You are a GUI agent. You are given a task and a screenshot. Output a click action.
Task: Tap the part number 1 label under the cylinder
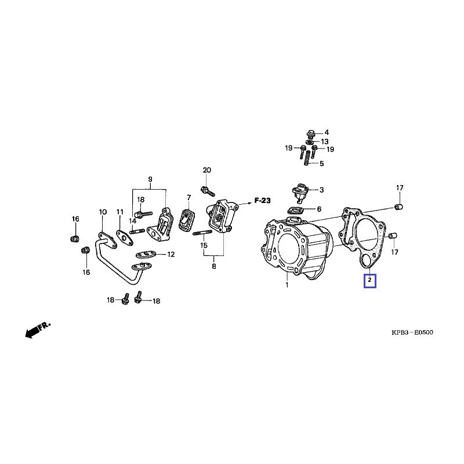click(287, 285)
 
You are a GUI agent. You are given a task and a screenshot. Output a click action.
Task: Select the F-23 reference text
click(263, 201)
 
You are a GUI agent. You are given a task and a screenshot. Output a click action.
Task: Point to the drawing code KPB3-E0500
click(412, 333)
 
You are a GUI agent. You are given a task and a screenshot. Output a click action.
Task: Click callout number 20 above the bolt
click(206, 170)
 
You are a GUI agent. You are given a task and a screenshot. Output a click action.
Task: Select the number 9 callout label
click(150, 178)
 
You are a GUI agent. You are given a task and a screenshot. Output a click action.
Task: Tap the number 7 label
click(188, 198)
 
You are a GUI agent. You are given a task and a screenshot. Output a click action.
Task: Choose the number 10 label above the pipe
click(102, 212)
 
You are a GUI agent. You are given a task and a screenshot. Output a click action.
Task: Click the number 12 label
click(171, 254)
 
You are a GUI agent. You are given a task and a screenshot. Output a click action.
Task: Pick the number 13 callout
click(325, 142)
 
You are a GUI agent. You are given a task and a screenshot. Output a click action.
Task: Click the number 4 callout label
click(326, 133)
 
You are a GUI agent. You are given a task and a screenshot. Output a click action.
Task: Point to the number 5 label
click(322, 164)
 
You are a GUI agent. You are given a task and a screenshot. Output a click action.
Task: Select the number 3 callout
click(322, 190)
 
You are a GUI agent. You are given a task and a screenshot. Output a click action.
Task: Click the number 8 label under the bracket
click(213, 266)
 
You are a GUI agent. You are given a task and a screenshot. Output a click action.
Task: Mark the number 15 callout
click(204, 245)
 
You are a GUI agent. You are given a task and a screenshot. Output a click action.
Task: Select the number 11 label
click(120, 212)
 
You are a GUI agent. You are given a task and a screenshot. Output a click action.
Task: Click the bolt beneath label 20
click(206, 190)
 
